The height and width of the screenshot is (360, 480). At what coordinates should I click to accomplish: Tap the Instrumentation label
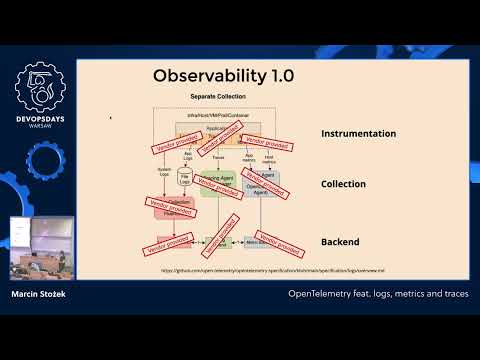pos(358,133)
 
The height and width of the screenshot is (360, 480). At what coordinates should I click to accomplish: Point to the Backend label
pos(340,242)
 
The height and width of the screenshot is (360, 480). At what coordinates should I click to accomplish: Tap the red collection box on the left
pos(172,207)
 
